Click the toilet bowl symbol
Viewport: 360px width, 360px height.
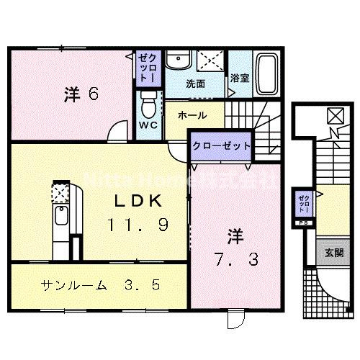click(148, 106)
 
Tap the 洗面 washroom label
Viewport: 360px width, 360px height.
click(196, 84)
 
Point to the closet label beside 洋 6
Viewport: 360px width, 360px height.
click(148, 66)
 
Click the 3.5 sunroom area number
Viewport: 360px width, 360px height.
click(145, 284)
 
